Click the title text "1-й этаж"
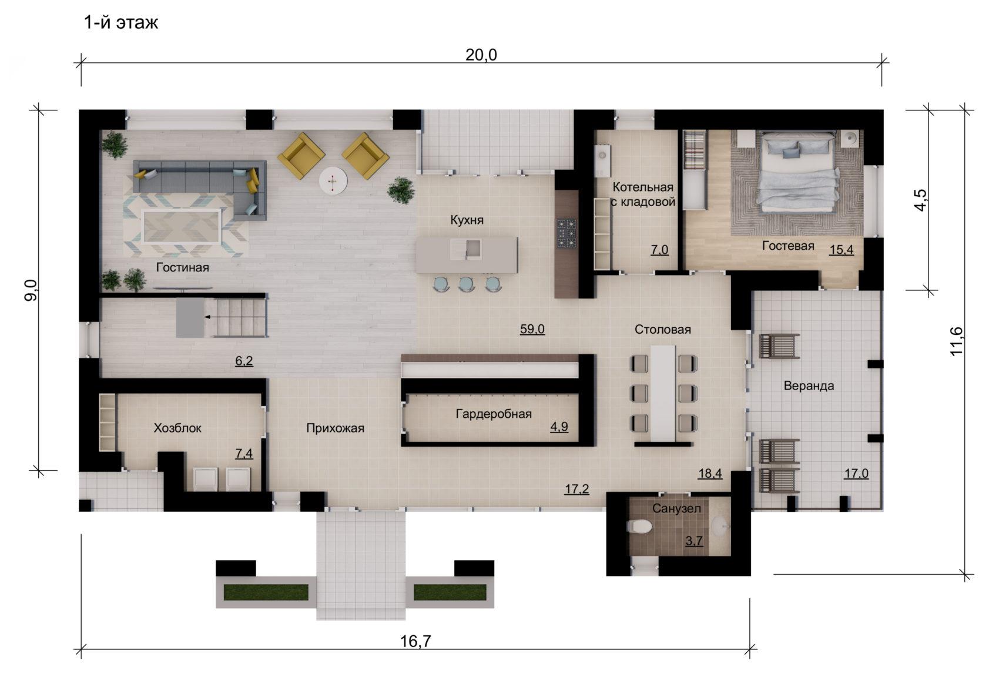(121, 22)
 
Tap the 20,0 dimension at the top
(481, 55)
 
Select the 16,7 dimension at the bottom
(415, 641)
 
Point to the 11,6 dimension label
(956, 341)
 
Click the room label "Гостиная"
(182, 267)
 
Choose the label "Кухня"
(467, 220)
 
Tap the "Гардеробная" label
(494, 414)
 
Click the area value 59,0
(532, 329)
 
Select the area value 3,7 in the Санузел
(694, 541)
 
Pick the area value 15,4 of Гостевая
(842, 250)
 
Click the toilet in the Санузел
(639, 526)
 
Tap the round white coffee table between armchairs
(333, 181)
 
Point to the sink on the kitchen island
(467, 249)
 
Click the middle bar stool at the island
(466, 284)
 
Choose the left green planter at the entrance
(266, 592)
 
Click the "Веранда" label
(809, 385)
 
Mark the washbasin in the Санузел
(719, 526)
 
